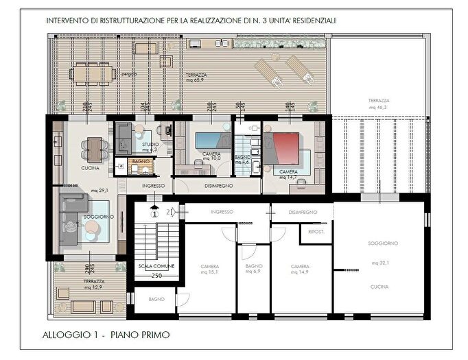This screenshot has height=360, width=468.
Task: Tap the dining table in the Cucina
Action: (94, 146)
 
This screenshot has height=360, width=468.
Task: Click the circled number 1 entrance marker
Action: (155, 213)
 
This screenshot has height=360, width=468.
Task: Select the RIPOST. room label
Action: (316, 232)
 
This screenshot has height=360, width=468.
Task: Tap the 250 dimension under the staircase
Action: (156, 276)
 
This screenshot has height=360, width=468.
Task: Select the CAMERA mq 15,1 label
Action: (210, 269)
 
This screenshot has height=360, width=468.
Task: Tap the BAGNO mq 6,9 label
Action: (254, 269)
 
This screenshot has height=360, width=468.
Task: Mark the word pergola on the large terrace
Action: (130, 73)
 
